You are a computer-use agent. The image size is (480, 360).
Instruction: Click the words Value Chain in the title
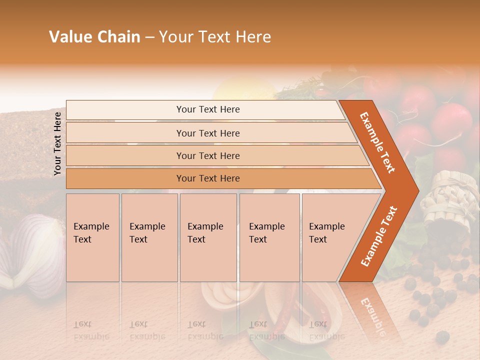[94, 37]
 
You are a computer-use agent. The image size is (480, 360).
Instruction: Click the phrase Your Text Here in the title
[215, 37]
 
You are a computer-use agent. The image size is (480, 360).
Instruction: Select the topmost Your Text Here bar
[208, 109]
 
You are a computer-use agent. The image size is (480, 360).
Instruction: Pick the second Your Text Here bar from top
[208, 133]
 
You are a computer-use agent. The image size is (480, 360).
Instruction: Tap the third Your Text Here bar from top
[208, 155]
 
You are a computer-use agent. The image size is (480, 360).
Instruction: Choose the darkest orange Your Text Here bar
[208, 178]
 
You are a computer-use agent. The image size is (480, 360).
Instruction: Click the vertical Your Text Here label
[58, 143]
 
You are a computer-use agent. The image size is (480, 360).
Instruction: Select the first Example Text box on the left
[92, 237]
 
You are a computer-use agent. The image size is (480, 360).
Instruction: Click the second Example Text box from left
[149, 237]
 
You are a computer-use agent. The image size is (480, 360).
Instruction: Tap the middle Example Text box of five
[208, 237]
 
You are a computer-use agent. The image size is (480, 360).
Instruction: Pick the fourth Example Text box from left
[269, 237]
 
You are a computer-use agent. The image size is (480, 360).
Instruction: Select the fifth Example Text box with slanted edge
[330, 237]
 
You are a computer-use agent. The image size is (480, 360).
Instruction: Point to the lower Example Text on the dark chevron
[379, 236]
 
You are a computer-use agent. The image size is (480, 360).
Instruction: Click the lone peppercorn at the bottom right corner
[442, 337]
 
